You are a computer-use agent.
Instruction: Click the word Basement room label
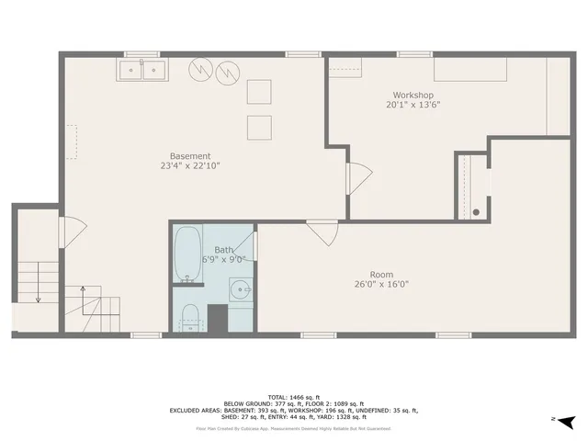190,155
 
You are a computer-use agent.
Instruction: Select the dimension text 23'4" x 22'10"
190,166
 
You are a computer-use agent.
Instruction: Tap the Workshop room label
413,95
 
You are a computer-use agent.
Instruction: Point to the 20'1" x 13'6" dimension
413,105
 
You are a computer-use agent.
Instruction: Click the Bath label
224,250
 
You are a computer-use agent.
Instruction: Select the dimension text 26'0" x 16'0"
381,285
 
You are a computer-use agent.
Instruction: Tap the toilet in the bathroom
190,315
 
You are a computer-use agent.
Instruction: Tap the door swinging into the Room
321,232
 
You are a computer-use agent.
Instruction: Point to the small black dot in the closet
476,212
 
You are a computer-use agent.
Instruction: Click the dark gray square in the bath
217,318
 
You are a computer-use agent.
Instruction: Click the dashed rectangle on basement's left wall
71,142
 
